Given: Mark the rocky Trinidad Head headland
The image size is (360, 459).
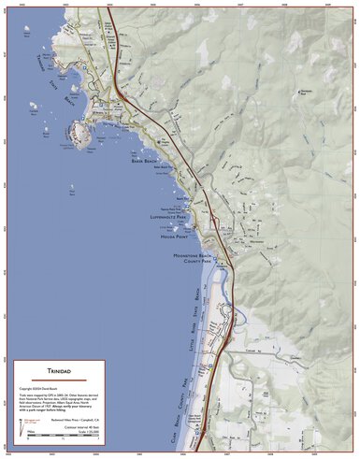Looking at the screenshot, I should click(x=81, y=135).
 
